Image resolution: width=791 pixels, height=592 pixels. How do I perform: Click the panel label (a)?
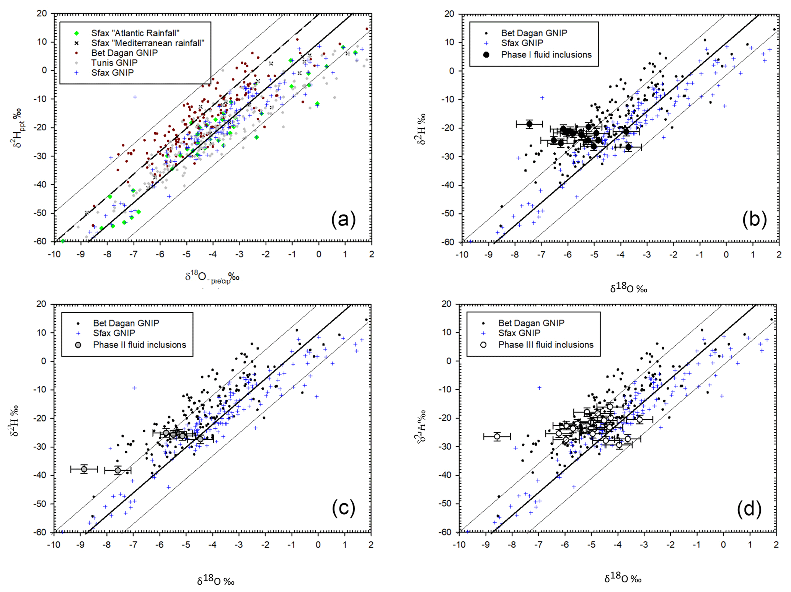pos(343,220)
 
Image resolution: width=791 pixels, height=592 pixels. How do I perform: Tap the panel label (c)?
pos(343,509)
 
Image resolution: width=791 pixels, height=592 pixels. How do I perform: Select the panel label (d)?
pos(749,509)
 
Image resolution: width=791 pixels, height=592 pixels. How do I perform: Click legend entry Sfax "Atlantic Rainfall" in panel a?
pos(135,33)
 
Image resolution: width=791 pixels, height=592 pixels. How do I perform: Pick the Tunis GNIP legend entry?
pos(114,63)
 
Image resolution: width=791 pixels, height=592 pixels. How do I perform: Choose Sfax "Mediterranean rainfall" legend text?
pos(148,43)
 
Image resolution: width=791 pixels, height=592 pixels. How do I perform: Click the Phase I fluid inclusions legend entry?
pos(546,55)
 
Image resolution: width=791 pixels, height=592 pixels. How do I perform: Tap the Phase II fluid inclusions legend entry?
pos(139,345)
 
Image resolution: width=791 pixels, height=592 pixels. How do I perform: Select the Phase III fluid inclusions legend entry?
pos(545,345)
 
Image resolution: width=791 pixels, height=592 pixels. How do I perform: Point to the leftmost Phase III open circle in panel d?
pos(497,437)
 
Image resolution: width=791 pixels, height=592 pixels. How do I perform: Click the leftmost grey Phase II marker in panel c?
pos(84,469)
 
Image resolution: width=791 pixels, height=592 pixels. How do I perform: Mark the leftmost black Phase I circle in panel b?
pos(529,124)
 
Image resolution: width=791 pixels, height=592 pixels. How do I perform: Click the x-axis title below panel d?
pos(623,578)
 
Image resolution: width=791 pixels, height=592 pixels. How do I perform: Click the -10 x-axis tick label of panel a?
pos(54,254)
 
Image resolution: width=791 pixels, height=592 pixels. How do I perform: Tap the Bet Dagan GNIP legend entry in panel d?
pos(531,323)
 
